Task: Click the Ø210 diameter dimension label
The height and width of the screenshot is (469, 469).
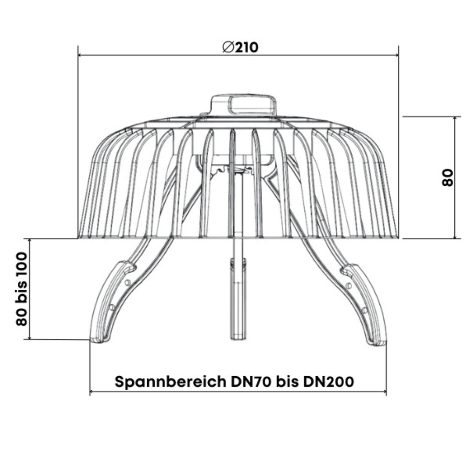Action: (x=240, y=47)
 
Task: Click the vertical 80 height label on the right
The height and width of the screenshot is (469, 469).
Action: (x=448, y=178)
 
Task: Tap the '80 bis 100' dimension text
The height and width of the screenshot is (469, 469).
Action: (x=22, y=289)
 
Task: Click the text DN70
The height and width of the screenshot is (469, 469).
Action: (x=251, y=381)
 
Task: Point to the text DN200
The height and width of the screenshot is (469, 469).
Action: (x=328, y=381)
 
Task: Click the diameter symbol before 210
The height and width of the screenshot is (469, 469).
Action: (x=228, y=47)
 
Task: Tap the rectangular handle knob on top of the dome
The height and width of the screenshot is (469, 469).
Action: (x=243, y=104)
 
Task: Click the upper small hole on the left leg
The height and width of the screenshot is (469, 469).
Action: (x=128, y=282)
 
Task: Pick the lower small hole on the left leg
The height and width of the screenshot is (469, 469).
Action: (x=112, y=307)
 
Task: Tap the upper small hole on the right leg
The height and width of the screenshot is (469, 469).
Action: (x=348, y=285)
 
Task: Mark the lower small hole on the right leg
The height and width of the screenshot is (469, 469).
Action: (x=364, y=310)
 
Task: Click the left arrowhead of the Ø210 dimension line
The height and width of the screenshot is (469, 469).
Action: (x=80, y=55)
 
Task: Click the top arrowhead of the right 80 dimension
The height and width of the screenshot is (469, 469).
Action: (x=455, y=119)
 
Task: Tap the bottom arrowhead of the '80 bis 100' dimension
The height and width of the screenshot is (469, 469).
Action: (x=30, y=337)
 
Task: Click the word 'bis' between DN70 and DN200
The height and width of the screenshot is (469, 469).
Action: (x=287, y=381)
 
